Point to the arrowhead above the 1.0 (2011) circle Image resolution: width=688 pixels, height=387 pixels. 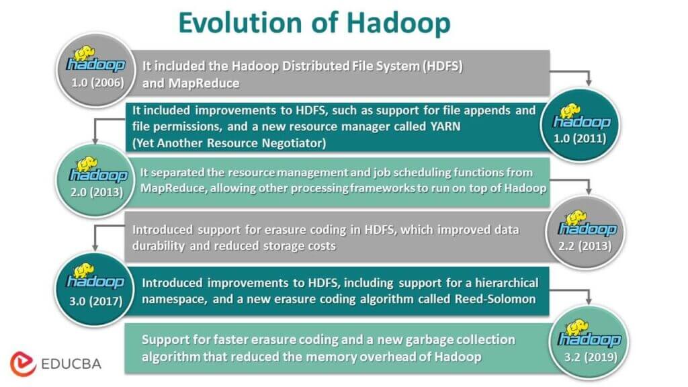coord(589,83)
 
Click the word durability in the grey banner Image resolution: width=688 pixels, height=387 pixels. coord(162,245)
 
